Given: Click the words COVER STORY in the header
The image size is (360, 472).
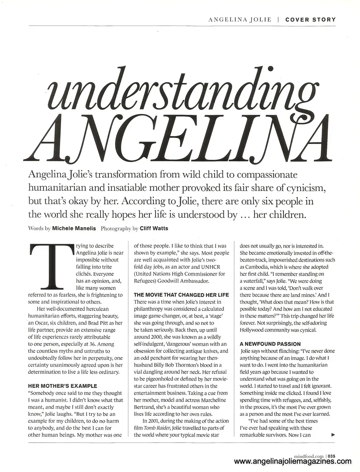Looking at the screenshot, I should click(310, 19).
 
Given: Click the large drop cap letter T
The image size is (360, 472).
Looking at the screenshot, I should click(51, 266).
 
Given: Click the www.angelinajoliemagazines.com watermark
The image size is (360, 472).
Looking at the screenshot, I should click(292, 462).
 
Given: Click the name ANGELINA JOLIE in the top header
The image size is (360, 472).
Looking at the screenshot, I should click(240, 19).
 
